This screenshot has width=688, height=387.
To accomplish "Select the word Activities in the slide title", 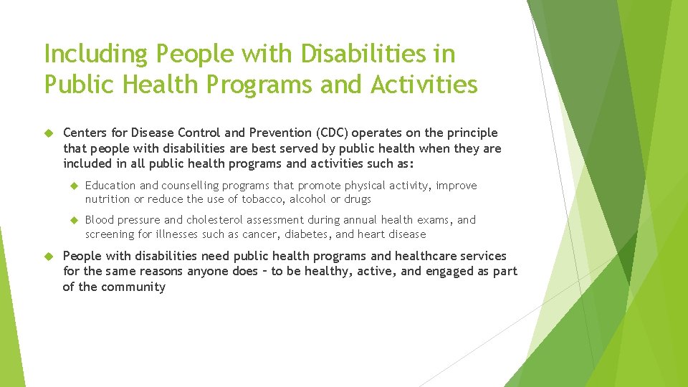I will [x=424, y=85].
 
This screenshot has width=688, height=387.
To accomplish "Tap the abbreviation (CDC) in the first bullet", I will [x=335, y=133].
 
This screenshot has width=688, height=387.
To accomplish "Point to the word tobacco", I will [x=263, y=199].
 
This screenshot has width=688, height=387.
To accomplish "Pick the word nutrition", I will [x=107, y=199].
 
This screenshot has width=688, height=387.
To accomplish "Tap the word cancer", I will [x=256, y=234].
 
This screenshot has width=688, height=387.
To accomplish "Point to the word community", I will [x=133, y=287].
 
